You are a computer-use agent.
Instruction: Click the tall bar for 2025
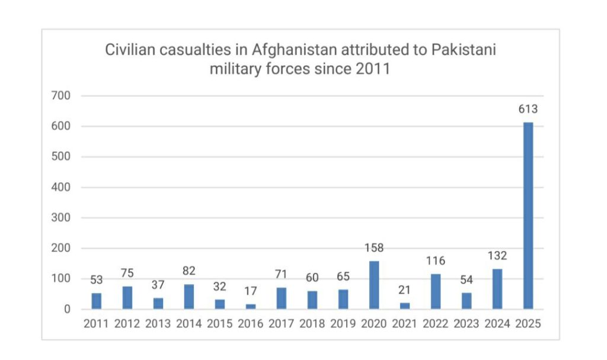pos(528,216)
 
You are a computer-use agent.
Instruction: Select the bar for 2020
pos(374,285)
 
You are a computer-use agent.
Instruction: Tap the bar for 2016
pos(251,307)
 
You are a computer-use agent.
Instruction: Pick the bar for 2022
pos(436,291)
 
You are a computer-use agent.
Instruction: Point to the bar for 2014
pos(189,297)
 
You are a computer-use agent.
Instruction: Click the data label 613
pos(528,110)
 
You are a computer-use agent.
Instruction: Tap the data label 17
pos(251,292)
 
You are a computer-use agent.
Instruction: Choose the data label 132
pos(497,256)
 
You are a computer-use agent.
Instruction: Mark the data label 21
pos(405,290)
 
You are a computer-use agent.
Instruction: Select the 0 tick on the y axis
pos(67,310)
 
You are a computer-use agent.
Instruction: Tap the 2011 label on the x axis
pos(96,324)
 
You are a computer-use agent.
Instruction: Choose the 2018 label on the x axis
pos(312,324)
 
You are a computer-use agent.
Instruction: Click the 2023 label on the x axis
pos(467,324)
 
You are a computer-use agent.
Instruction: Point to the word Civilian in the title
pos(127,50)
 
